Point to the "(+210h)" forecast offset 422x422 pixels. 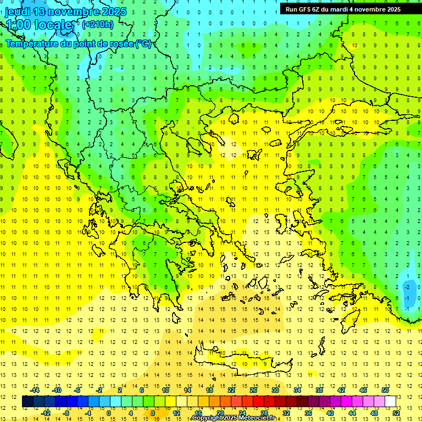[98, 24]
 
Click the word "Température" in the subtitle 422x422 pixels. [34, 43]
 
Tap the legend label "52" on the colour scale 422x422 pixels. [396, 413]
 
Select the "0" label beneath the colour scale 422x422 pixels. [109, 413]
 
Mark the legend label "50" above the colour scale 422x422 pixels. [385, 390]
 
